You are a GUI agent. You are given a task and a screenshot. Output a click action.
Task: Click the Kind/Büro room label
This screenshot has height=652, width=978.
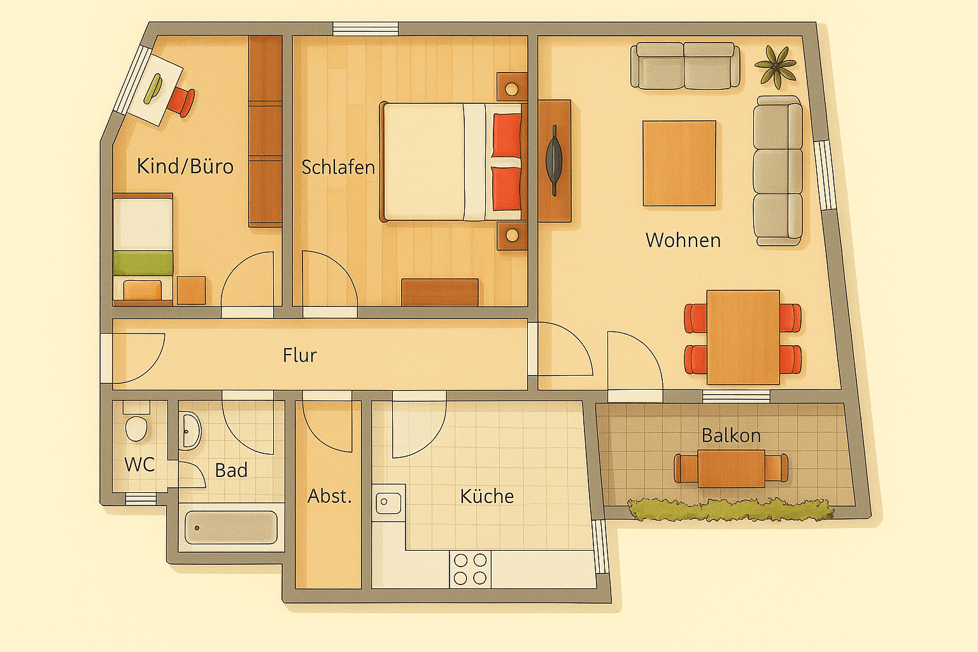tap(185, 166)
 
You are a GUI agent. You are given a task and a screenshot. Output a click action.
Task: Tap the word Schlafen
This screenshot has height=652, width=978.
tap(337, 167)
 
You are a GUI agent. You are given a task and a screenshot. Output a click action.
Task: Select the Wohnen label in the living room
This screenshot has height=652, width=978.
tap(683, 240)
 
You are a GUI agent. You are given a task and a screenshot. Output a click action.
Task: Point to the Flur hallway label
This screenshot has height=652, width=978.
tap(299, 355)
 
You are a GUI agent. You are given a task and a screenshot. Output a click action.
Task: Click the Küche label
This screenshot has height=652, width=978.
tap(486, 496)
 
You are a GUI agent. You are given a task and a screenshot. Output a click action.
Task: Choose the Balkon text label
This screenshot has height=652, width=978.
tap(731, 436)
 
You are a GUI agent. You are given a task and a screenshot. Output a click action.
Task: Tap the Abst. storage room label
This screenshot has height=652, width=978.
tap(329, 496)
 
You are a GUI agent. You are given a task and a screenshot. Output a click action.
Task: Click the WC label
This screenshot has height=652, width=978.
tap(139, 464)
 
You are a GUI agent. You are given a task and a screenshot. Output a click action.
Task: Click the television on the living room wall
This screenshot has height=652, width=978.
tap(554, 159)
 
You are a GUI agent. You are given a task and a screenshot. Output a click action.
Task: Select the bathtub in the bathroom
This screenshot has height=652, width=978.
tap(230, 527)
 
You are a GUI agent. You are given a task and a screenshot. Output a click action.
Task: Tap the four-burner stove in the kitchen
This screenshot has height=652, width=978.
tap(470, 569)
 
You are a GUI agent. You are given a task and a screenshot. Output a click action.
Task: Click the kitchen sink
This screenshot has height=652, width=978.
tap(388, 502)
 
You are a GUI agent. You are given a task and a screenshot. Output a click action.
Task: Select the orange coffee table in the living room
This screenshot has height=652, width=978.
tap(679, 163)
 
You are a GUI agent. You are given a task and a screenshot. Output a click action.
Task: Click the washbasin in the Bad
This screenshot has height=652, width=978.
tap(190, 431)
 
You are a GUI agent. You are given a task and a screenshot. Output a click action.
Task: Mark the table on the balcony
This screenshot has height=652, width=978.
tap(731, 468)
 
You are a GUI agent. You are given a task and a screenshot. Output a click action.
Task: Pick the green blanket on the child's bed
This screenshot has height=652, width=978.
tap(143, 262)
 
